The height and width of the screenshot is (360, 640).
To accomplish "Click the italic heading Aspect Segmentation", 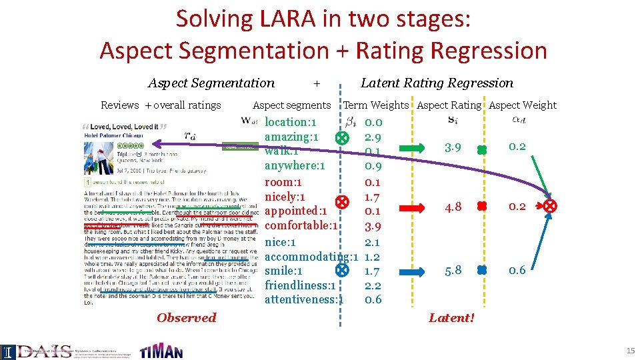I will pyautogui.click(x=211, y=83).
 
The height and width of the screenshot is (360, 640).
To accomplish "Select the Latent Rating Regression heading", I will pyautogui.click(x=437, y=83).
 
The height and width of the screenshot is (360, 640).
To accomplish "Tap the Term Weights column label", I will pyautogui.click(x=375, y=105).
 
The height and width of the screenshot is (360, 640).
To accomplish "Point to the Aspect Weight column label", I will pyautogui.click(x=523, y=105).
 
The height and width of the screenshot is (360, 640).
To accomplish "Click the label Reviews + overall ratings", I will pyautogui.click(x=161, y=105).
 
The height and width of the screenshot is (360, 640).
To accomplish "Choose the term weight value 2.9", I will pyautogui.click(x=373, y=137).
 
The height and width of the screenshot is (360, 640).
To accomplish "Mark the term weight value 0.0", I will pyautogui.click(x=373, y=123).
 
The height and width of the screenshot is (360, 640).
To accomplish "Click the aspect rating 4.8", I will pyautogui.click(x=453, y=207).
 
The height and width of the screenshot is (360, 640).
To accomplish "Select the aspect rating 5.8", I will pyautogui.click(x=453, y=271).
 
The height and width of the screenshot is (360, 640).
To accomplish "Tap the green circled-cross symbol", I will pyautogui.click(x=341, y=138).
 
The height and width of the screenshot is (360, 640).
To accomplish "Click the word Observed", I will pyautogui.click(x=187, y=318).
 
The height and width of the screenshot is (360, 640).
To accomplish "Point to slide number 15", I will pyautogui.click(x=631, y=351).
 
